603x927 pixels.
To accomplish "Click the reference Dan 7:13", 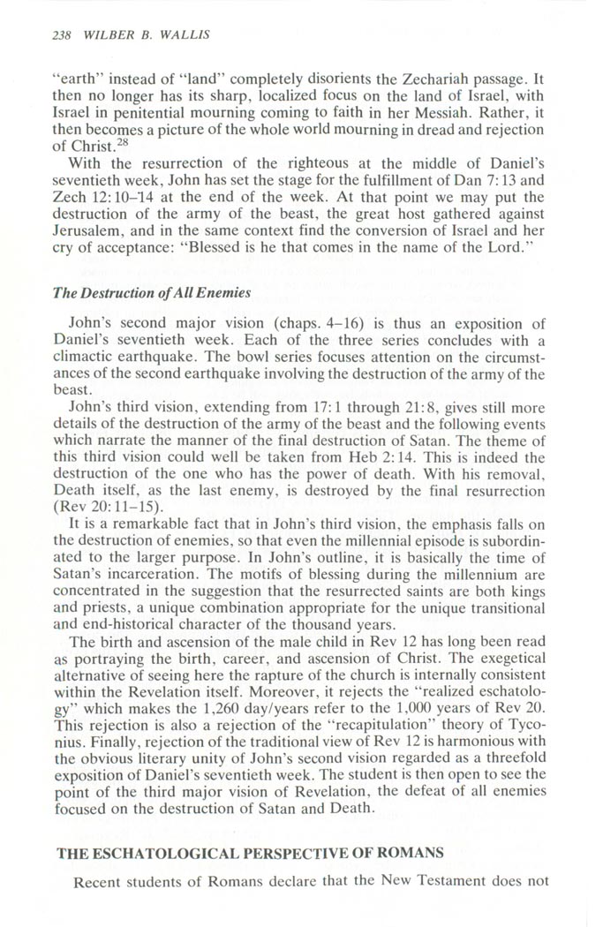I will click(x=494, y=192).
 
